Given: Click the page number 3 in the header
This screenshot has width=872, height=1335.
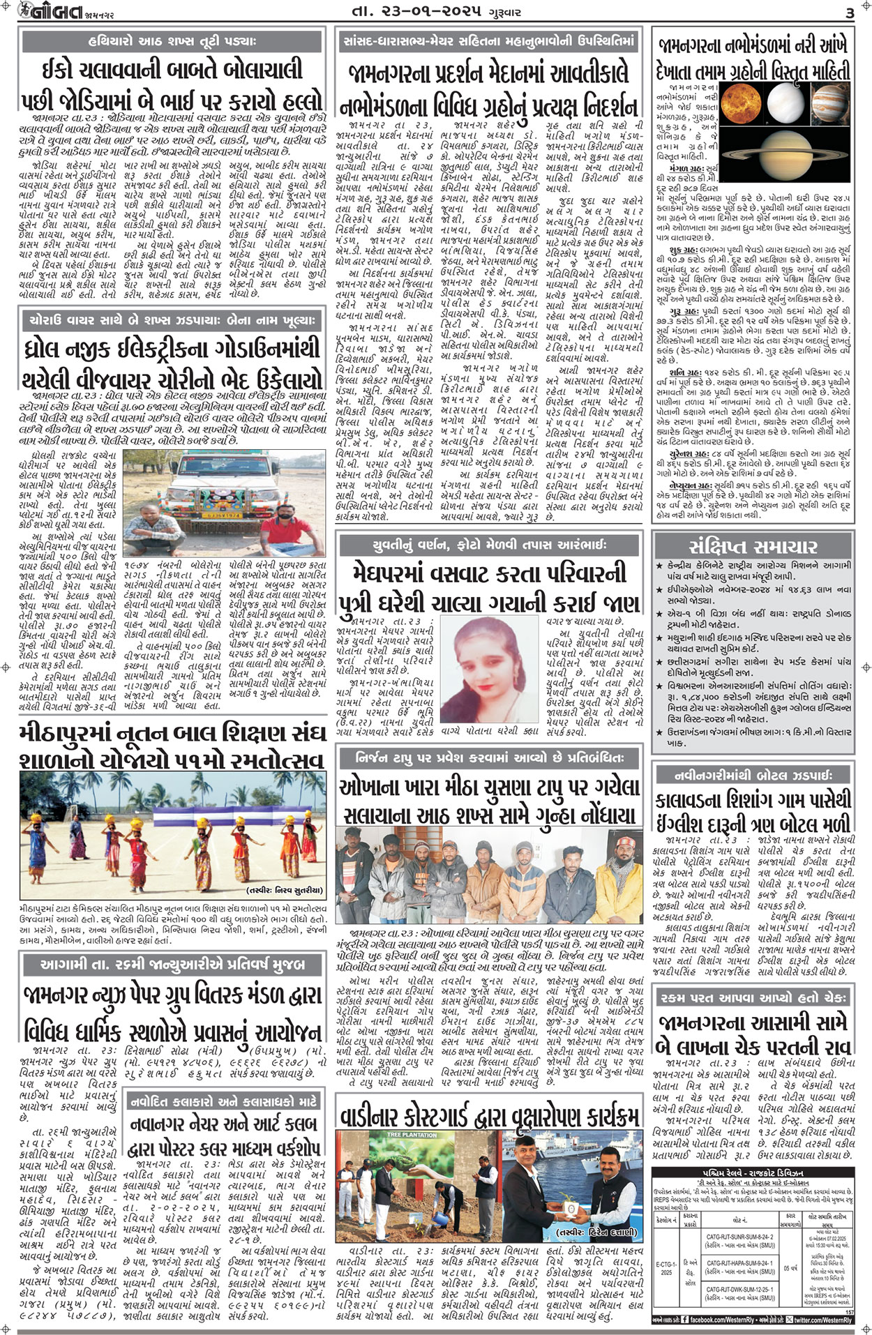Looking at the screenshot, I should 849,13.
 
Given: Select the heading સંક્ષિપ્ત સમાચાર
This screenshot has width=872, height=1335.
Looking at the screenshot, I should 753,545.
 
